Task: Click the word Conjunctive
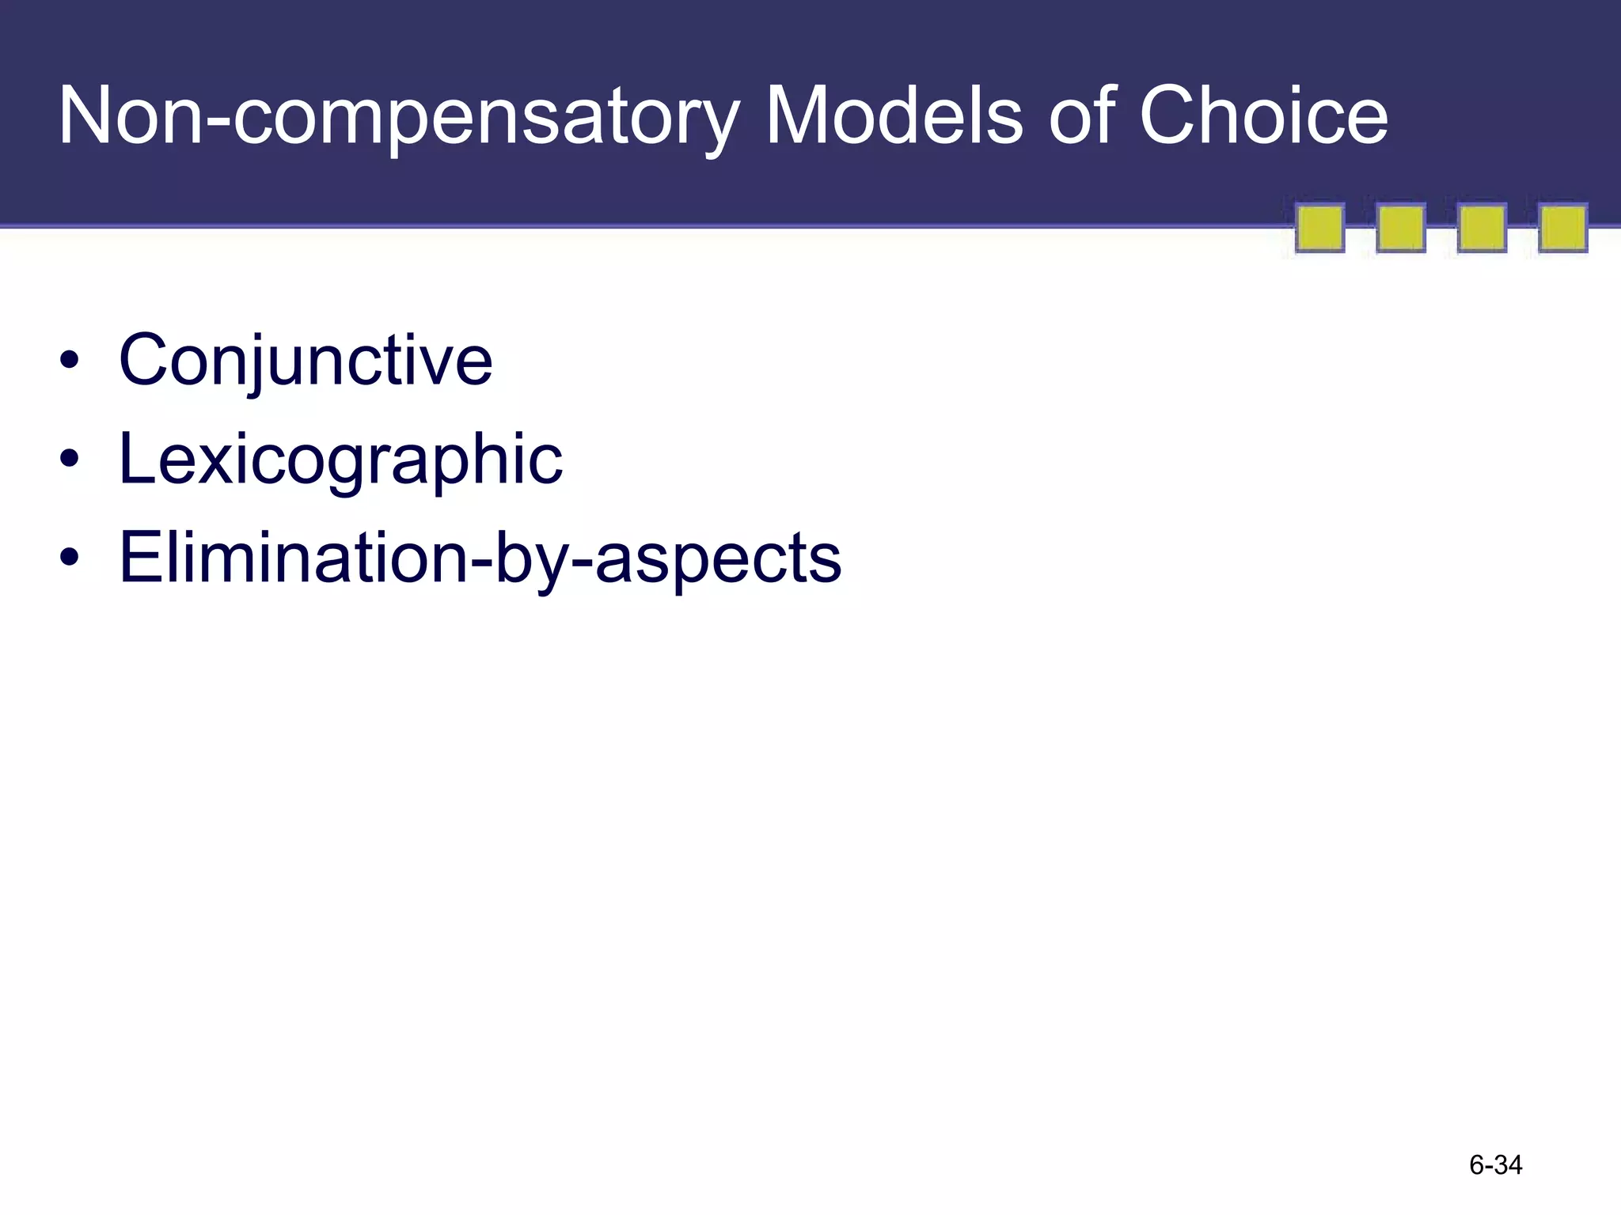point(306,362)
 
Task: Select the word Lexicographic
point(340,460)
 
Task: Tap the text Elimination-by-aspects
point(480,558)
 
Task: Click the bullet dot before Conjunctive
point(70,361)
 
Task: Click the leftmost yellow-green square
point(1319,229)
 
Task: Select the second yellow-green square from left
point(1401,229)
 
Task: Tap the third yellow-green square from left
point(1482,229)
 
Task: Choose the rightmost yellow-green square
point(1562,229)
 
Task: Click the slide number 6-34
point(1495,1165)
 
